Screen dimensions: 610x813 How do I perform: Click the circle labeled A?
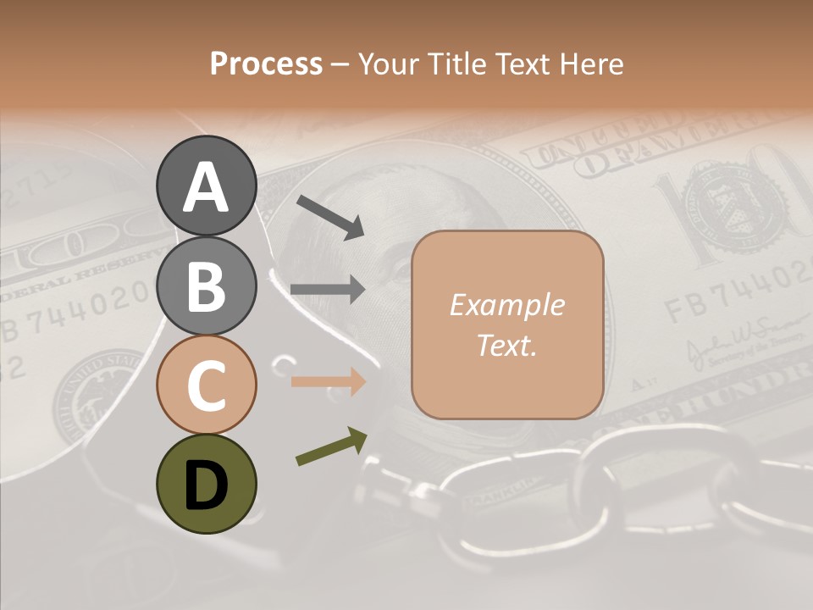click(x=206, y=186)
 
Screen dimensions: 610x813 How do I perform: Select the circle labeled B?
click(x=206, y=286)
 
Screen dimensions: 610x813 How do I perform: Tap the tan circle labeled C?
click(x=206, y=385)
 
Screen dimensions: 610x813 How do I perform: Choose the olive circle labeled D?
click(x=206, y=484)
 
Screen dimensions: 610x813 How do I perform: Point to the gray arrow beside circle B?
click(x=329, y=290)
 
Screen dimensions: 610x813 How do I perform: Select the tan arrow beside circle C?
click(x=329, y=381)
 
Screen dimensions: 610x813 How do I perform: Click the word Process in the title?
click(x=266, y=64)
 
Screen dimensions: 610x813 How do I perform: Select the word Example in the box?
click(x=506, y=305)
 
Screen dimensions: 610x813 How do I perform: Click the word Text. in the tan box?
click(x=506, y=345)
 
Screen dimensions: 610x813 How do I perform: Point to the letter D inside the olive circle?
click(x=206, y=485)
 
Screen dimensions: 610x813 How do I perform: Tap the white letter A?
click(x=206, y=187)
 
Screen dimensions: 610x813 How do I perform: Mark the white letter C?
click(x=206, y=386)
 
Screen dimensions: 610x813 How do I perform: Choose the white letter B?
click(x=206, y=287)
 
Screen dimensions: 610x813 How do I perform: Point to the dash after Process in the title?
click(x=340, y=65)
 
